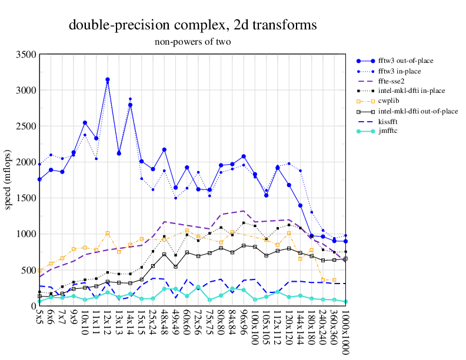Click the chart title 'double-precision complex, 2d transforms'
coord(193,25)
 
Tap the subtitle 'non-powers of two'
coord(193,42)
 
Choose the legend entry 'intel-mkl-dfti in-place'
coord(411,91)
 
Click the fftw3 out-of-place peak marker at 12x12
coord(108,79)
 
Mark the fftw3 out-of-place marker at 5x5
coord(39,179)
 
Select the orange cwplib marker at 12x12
coord(108,234)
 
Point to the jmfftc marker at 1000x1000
coord(346,302)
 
